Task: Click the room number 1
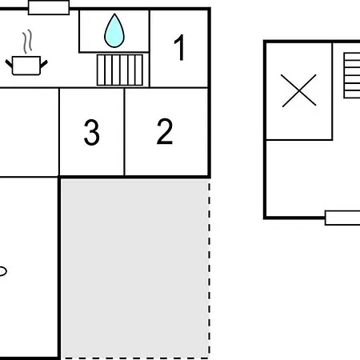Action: (x=180, y=47)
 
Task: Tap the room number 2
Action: (x=165, y=131)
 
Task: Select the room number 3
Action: (x=92, y=132)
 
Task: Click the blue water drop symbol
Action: (x=114, y=30)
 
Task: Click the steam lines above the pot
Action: (x=27, y=42)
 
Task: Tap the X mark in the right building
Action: (x=299, y=90)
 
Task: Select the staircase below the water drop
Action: (x=120, y=70)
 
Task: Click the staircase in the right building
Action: (x=352, y=75)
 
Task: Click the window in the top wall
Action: (x=49, y=8)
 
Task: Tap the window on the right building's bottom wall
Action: (x=342, y=218)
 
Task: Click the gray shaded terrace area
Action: (x=134, y=269)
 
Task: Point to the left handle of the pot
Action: (x=9, y=63)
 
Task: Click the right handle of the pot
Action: (x=44, y=64)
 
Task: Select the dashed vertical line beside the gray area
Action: (x=210, y=270)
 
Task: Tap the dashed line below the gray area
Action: (x=136, y=358)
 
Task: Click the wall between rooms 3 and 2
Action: (x=125, y=132)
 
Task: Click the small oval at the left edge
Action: (x=2, y=271)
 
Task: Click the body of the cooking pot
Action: (x=26, y=66)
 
